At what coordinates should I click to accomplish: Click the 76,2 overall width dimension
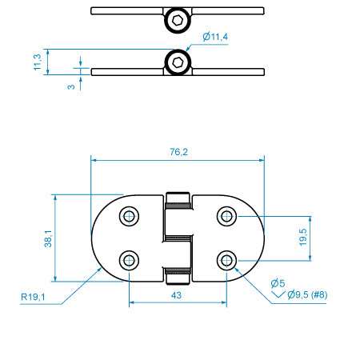[179, 153]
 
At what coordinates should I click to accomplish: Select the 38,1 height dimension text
[48, 238]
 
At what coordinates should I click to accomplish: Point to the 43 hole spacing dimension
[177, 295]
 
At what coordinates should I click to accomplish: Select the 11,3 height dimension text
[36, 62]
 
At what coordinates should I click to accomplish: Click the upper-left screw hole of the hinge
[129, 216]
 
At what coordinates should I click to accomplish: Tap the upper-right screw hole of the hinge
[227, 216]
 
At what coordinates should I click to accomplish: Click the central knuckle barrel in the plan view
[178, 238]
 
